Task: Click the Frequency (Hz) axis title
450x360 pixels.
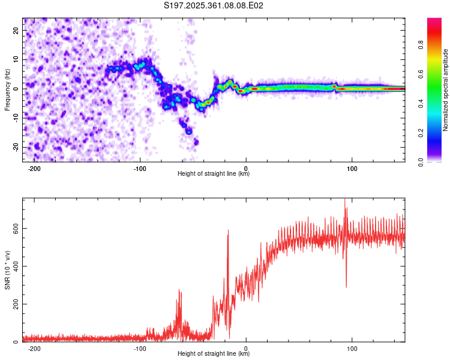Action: click(x=7, y=89)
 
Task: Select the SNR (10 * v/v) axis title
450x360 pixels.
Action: click(x=7, y=270)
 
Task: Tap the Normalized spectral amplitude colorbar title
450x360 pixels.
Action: click(x=445, y=90)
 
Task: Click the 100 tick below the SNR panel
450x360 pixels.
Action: click(x=352, y=347)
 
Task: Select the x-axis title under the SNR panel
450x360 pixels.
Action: click(x=214, y=354)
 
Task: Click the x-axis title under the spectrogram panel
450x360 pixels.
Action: click(x=214, y=174)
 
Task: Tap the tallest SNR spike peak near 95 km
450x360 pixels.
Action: click(x=345, y=200)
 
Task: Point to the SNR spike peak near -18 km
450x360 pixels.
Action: click(x=228, y=231)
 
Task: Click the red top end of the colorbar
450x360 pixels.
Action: click(x=434, y=21)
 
